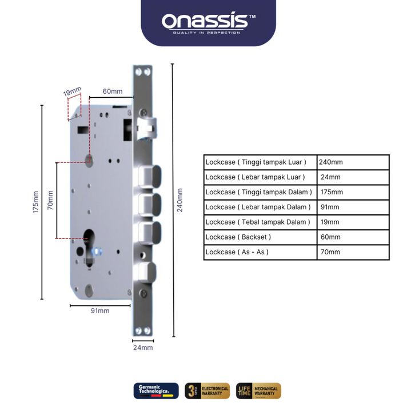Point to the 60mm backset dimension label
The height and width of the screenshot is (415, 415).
[x=112, y=91]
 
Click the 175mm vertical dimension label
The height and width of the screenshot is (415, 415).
[x=35, y=202]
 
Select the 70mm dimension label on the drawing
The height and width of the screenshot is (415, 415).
[x=50, y=199]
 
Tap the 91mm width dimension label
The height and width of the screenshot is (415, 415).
[x=100, y=311]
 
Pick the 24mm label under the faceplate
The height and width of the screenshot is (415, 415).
[x=143, y=348]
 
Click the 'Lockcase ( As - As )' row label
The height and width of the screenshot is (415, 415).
[x=237, y=252]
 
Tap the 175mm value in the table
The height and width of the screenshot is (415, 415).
[x=331, y=192]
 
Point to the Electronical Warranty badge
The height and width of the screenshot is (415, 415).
[x=207, y=391]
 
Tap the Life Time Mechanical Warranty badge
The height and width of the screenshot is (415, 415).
[x=258, y=391]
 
